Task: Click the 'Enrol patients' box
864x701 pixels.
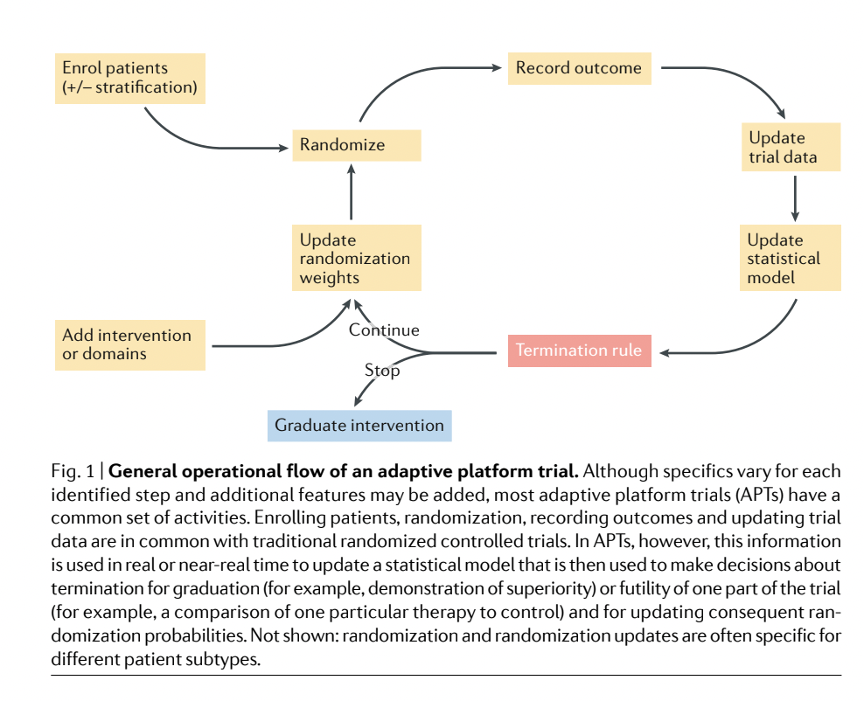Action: pyautogui.click(x=129, y=78)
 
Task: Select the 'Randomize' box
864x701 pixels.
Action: pyautogui.click(x=356, y=145)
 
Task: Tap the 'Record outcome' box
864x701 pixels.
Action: pyautogui.click(x=579, y=68)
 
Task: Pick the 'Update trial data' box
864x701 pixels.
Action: pyautogui.click(x=791, y=148)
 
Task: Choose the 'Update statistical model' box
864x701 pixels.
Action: pyautogui.click(x=791, y=259)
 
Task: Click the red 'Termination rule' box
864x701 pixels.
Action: pyautogui.click(x=579, y=350)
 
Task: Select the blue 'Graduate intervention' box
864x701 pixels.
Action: pyautogui.click(x=359, y=426)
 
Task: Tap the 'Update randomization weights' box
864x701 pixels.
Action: pyautogui.click(x=356, y=259)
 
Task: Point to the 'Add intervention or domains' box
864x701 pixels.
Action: pyautogui.click(x=129, y=344)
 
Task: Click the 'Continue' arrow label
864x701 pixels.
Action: pyautogui.click(x=384, y=330)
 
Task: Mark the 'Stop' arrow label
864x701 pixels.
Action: pyautogui.click(x=382, y=371)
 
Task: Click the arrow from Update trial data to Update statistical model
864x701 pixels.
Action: pyautogui.click(x=794, y=198)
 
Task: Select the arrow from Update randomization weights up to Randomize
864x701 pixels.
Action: pyautogui.click(x=352, y=193)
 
